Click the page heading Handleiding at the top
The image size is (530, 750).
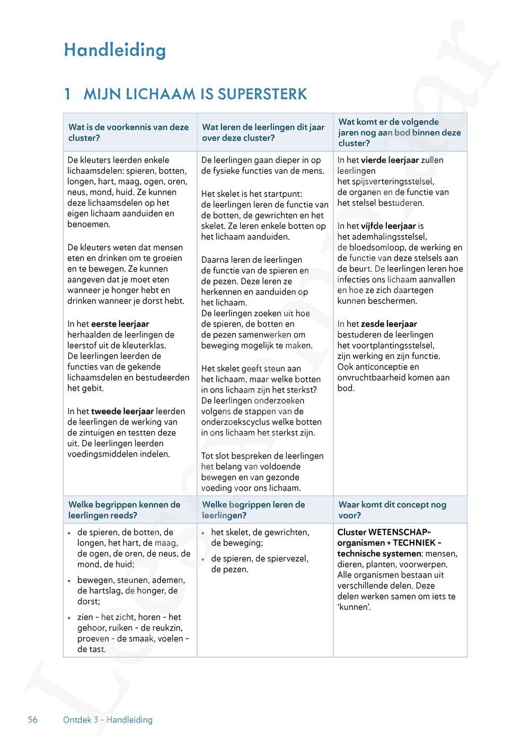click(x=114, y=50)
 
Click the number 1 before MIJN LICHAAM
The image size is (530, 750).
click(x=67, y=94)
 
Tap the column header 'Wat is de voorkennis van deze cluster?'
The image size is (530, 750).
click(x=128, y=133)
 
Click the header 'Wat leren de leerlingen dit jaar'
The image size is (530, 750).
click(x=263, y=127)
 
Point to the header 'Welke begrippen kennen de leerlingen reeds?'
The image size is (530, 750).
click(x=124, y=510)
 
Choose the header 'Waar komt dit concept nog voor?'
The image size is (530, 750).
click(x=392, y=510)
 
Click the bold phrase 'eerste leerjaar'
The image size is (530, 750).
click(x=120, y=324)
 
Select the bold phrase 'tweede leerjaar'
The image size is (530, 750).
click(x=122, y=411)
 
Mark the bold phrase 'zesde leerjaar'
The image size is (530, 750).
click(x=388, y=324)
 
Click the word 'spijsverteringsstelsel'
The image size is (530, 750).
click(x=385, y=181)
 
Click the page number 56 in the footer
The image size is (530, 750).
click(x=33, y=720)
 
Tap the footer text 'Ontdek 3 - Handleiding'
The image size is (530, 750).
click(x=108, y=720)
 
